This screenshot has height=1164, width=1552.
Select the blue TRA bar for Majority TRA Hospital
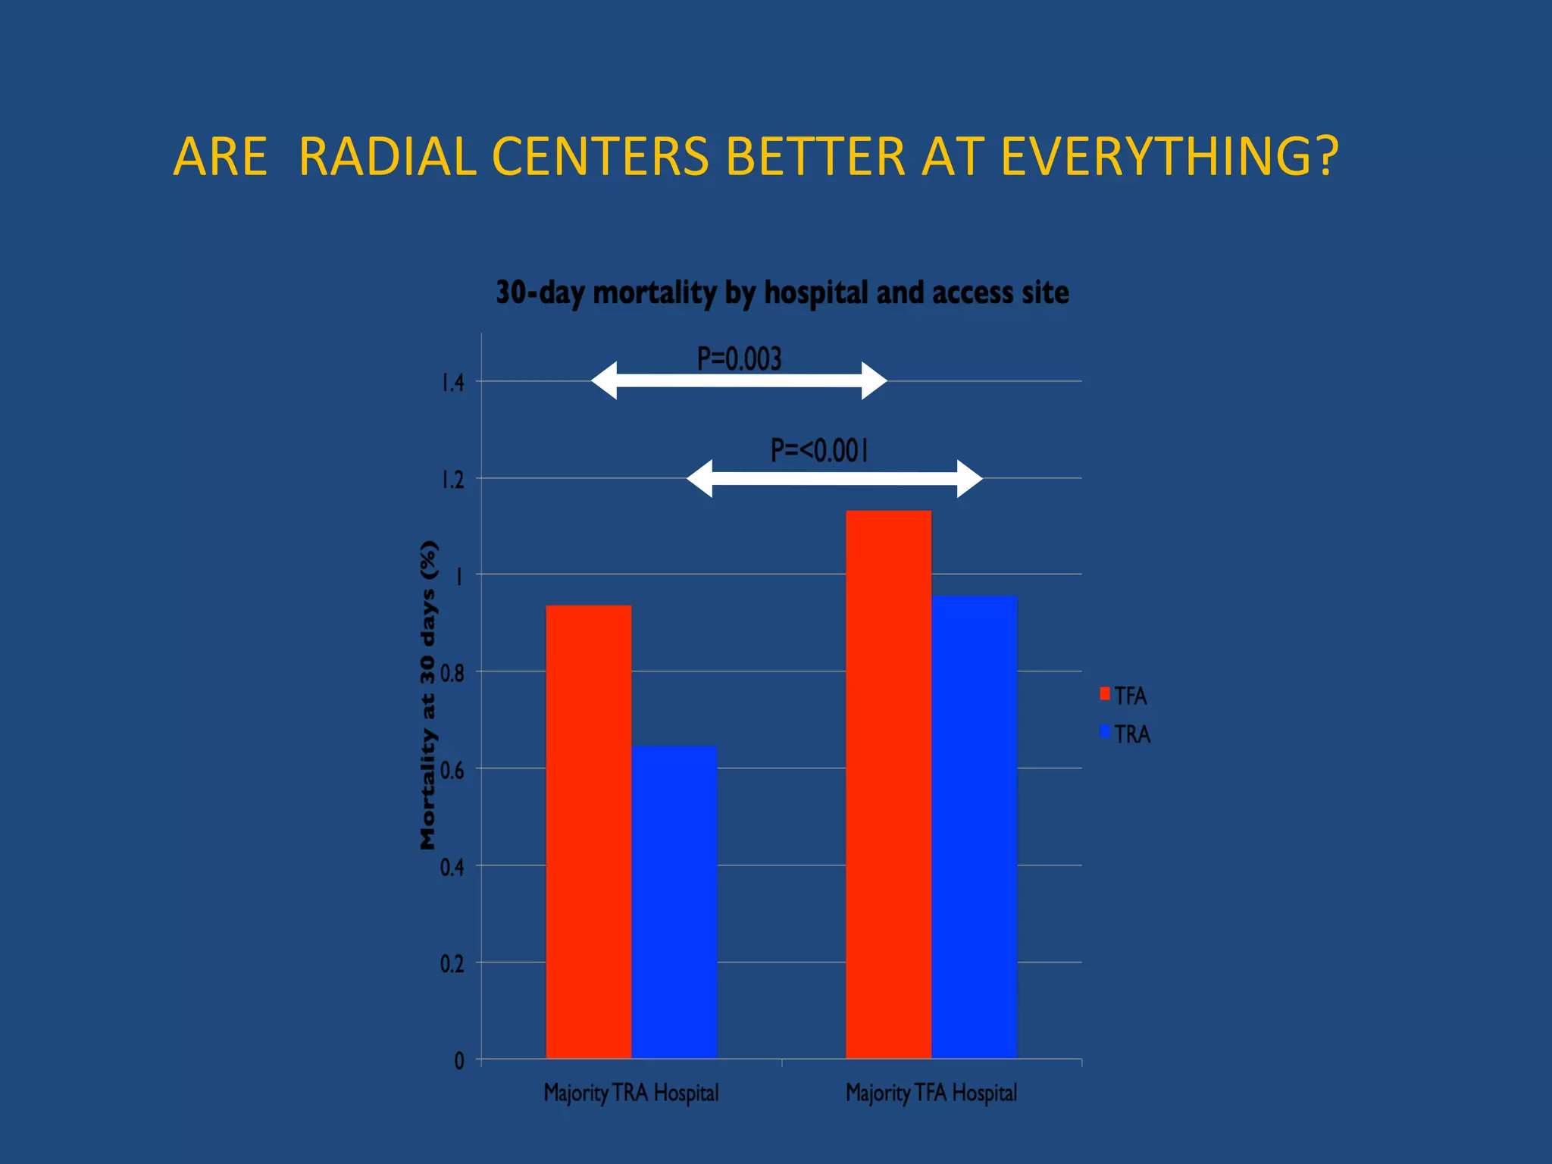point(674,902)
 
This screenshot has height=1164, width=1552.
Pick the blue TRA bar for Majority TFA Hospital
point(974,827)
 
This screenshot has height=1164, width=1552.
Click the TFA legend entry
point(1125,696)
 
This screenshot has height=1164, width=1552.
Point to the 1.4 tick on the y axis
point(453,383)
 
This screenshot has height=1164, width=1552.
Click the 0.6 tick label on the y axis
point(452,771)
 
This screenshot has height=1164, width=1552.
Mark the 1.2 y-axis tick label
point(453,480)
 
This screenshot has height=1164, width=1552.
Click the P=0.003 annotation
point(739,358)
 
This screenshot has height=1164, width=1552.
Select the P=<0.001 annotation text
point(819,450)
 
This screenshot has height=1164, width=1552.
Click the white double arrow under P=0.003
point(739,380)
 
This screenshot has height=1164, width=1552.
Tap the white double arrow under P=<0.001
point(834,478)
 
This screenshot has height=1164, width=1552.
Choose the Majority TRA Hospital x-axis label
point(631,1093)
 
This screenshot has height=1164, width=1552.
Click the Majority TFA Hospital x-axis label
point(931,1093)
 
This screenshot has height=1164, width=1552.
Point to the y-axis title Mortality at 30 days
point(428,695)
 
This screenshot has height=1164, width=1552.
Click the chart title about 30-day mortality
point(782,293)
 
